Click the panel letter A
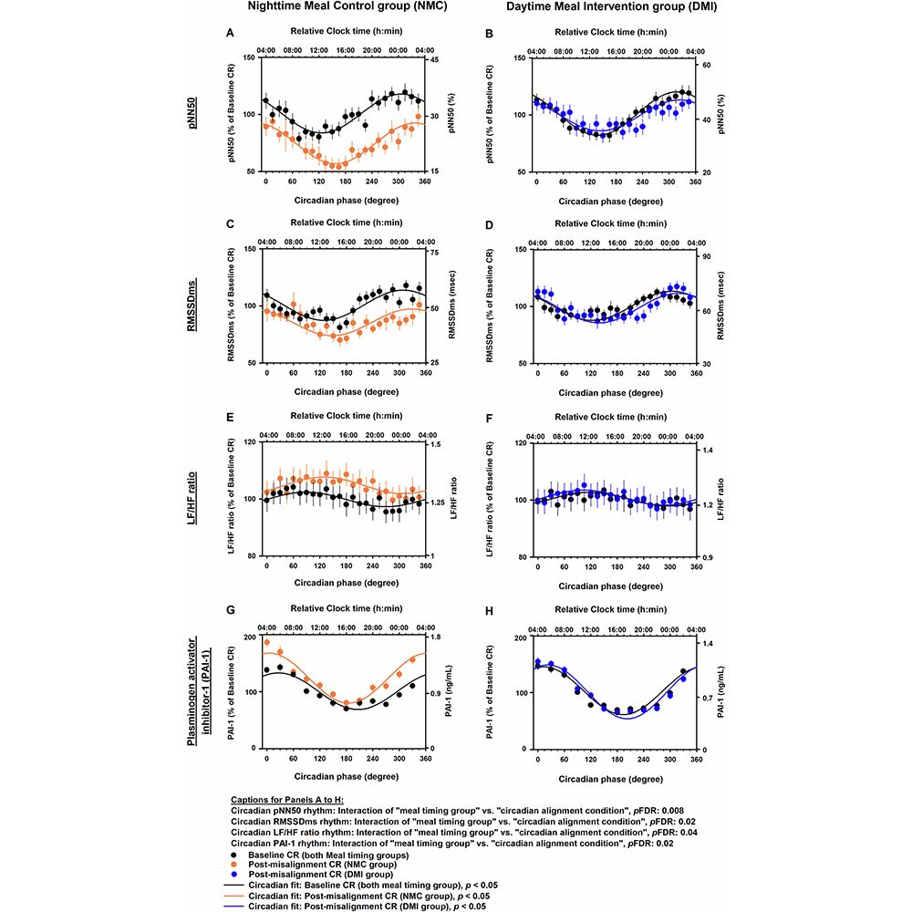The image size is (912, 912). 230,33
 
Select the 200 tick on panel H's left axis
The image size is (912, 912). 517,637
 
